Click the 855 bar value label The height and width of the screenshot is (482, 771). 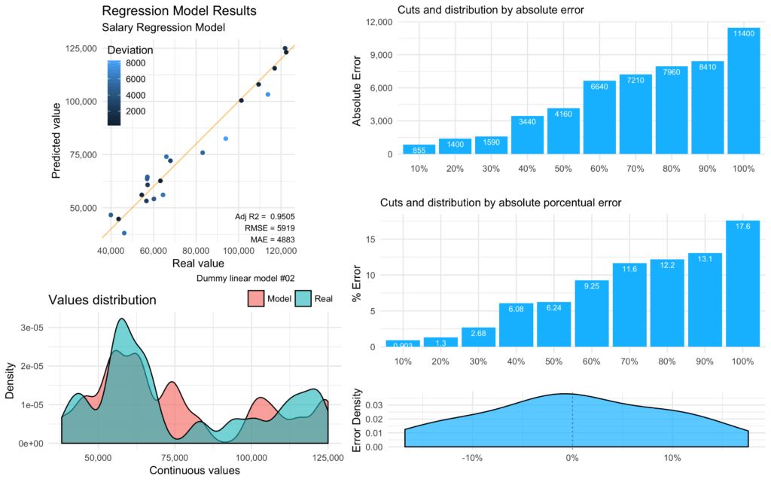(418, 151)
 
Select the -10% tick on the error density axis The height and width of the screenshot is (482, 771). (472, 458)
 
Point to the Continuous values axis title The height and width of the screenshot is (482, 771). (194, 471)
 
